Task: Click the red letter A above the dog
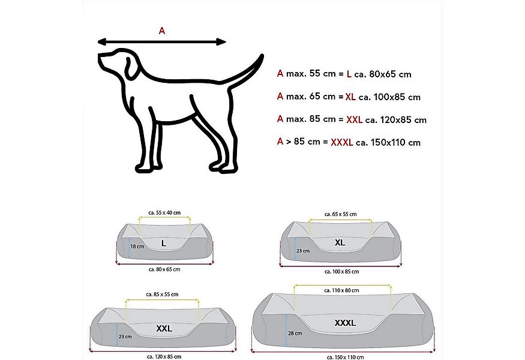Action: coord(161,31)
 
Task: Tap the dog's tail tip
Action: coord(262,56)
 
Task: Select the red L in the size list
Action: coord(349,74)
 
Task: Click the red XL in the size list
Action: coord(351,97)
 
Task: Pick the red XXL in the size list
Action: coord(354,119)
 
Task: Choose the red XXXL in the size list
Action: coord(342,142)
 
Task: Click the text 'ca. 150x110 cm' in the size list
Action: coord(388,142)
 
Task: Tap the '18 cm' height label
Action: coord(137,247)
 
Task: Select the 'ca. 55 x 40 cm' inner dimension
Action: coord(164,213)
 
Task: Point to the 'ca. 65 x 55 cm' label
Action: coord(340,214)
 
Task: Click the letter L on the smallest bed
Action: coord(164,243)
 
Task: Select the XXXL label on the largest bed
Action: coord(345,323)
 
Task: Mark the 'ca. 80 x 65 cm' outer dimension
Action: coord(164,269)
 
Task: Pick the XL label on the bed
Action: coord(340,243)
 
